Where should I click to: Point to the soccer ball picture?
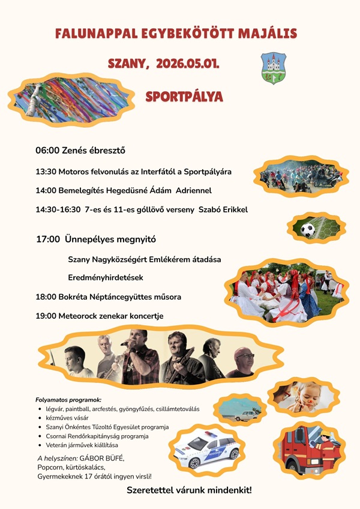click(x=308, y=230)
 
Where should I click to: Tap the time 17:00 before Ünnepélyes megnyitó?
click(x=48, y=239)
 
